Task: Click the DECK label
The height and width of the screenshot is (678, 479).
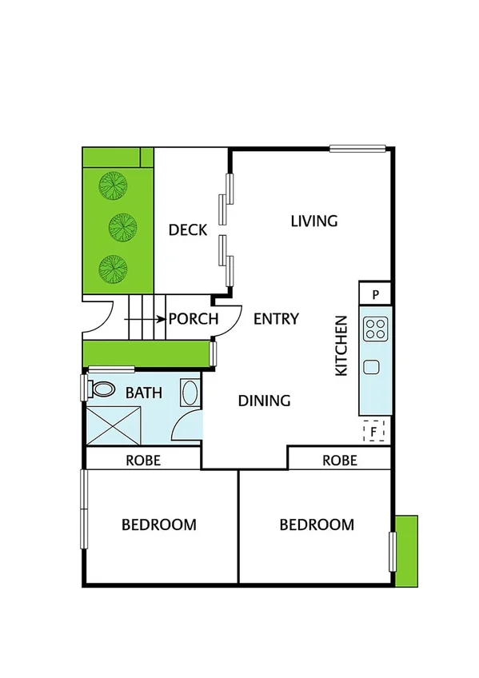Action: coord(188,230)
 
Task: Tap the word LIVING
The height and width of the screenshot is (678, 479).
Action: coord(314,221)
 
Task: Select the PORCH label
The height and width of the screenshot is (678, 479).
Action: coord(194,319)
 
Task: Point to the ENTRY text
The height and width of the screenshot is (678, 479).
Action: coord(276,319)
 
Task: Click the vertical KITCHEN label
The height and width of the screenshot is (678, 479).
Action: coord(341,346)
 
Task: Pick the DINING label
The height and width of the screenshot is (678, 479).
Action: coord(264,401)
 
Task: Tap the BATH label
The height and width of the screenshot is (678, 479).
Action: coord(144,393)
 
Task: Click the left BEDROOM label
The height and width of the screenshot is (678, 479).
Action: coord(159,524)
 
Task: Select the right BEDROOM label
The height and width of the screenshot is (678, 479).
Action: coord(317,524)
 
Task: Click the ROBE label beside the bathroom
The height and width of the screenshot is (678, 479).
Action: coord(144,461)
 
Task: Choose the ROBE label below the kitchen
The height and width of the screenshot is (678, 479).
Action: coord(340,461)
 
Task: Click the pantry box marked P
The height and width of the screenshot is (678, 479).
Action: coord(375,294)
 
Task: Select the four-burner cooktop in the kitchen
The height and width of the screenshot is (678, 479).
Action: coord(375,328)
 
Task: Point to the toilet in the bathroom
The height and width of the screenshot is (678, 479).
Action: coord(101,389)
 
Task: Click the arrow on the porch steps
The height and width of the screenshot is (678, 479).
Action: coord(146,319)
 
